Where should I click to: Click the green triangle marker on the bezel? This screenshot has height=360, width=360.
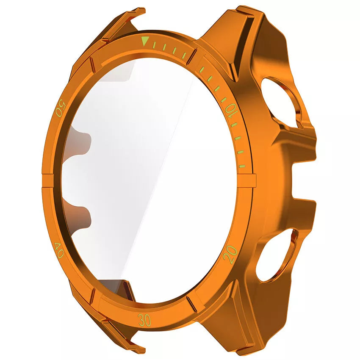coord(146,42)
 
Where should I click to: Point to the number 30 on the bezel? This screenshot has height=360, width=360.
coord(144,320)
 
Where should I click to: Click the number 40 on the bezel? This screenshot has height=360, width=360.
coord(60,250)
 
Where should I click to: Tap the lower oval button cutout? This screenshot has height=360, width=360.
coord(277,255)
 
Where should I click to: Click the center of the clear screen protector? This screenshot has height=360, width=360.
coord(148,178)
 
